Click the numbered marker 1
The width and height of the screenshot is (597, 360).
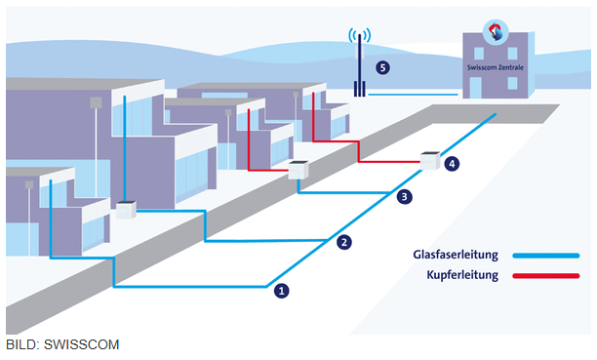coord(282,290)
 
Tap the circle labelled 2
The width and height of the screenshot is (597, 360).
coord(342,243)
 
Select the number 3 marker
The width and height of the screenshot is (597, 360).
coord(406,197)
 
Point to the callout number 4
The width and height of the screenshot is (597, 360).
coord(451,164)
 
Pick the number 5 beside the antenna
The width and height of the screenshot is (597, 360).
coord(382,67)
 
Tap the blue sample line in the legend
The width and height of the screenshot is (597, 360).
coord(547,256)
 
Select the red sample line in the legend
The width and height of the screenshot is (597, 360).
coord(547,276)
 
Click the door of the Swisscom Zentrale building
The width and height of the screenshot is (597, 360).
coord(500,88)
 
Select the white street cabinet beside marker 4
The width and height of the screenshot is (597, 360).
coord(430,159)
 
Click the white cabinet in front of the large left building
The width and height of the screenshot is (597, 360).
coord(125,209)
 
